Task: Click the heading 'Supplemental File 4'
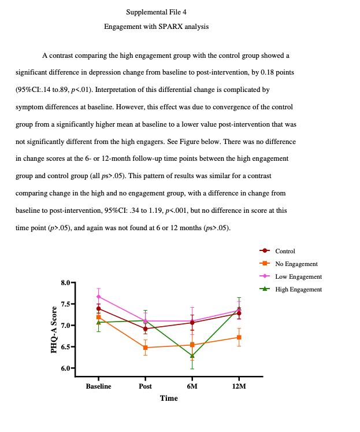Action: tap(156, 12)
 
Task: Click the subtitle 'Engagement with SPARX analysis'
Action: tap(156, 27)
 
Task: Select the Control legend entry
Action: tap(285, 251)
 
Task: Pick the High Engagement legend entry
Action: tap(298, 289)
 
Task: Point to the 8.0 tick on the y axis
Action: tap(65, 283)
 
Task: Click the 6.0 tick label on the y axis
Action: tap(65, 368)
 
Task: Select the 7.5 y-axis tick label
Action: tap(65, 304)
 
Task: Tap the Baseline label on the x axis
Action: tap(98, 386)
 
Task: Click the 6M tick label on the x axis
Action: tap(192, 386)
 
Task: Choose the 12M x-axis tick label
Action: tap(239, 386)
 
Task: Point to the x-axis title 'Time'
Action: tap(169, 398)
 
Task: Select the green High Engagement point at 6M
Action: tap(192, 356)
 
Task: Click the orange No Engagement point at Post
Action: tap(145, 348)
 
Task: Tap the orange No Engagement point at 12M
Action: tap(239, 337)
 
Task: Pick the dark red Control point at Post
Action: tap(145, 329)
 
